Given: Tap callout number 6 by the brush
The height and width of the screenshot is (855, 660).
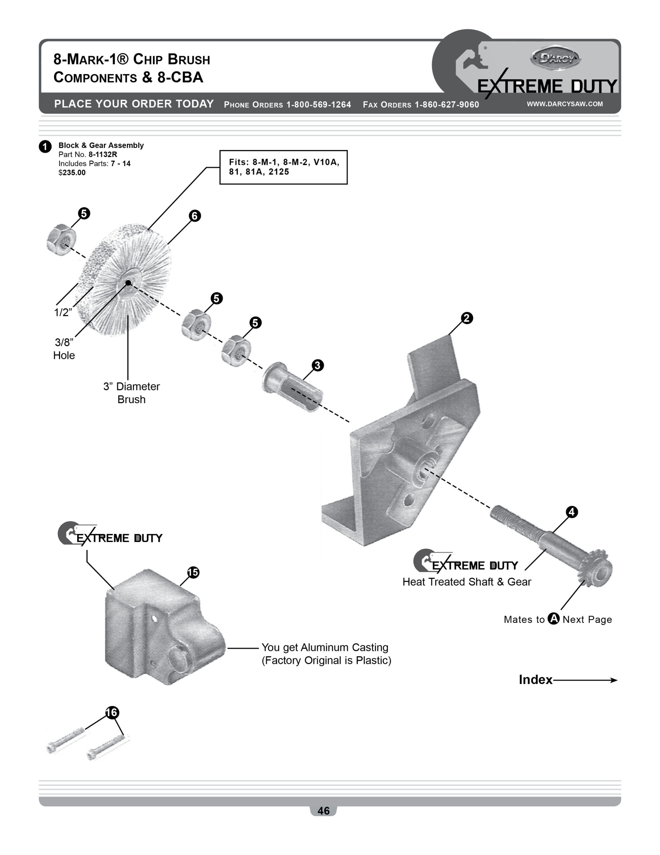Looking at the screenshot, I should [195, 216].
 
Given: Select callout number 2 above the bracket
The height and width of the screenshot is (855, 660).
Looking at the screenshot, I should [466, 318].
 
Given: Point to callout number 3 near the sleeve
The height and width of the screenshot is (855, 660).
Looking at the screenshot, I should [317, 365].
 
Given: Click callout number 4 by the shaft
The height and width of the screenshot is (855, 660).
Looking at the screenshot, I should [572, 512].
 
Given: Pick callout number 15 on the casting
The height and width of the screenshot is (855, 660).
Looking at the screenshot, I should [193, 572].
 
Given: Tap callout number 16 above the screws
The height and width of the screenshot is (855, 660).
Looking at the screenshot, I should [112, 712].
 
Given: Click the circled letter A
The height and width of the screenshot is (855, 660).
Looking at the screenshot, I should [553, 619].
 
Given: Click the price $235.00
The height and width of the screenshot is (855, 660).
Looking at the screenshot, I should [72, 173].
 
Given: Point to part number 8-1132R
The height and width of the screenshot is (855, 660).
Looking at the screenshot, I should [102, 155].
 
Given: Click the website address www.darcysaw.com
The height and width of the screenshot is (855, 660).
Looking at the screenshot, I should [565, 104].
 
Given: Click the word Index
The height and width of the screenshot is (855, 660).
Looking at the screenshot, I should [535, 680].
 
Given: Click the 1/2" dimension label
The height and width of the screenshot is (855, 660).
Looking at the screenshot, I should [63, 312].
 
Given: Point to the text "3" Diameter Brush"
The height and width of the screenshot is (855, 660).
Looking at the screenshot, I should [131, 393].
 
